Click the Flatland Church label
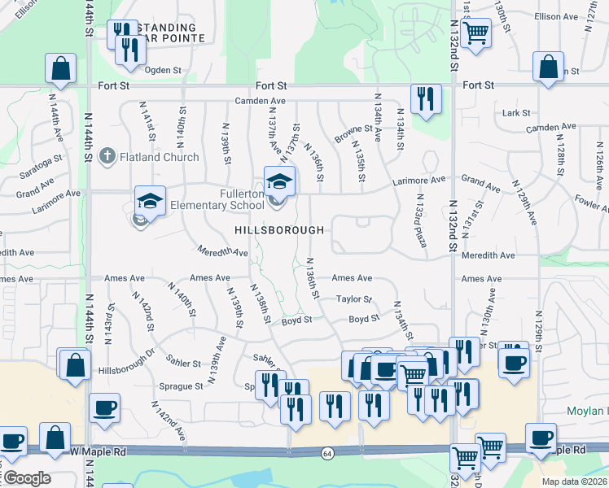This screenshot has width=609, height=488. [x=159, y=157]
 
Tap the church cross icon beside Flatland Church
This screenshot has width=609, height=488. [x=107, y=156]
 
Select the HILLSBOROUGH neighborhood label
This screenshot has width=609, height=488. [x=279, y=230]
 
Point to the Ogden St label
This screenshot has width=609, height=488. [x=163, y=70]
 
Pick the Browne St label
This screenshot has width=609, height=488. [x=353, y=129]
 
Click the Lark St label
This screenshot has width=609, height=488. [x=516, y=113]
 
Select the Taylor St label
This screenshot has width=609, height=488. [x=354, y=300]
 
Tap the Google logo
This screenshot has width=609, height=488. [x=26, y=478]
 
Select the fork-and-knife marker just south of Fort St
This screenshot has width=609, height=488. [x=426, y=99]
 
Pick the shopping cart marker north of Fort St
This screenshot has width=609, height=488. [x=475, y=33]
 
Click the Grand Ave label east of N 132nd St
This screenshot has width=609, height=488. [x=481, y=183]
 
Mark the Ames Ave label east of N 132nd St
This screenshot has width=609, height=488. [x=481, y=279]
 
